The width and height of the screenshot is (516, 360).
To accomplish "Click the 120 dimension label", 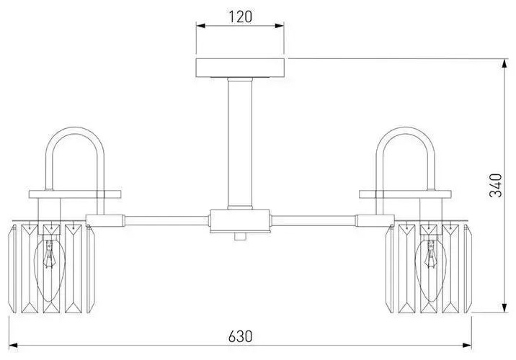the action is pyautogui.click(x=240, y=17).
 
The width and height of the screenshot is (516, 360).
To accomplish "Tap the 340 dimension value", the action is pyautogui.click(x=496, y=186).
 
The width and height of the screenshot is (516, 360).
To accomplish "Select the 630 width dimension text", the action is pyautogui.click(x=240, y=336).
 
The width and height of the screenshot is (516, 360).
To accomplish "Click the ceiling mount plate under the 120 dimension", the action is pyautogui.click(x=240, y=68).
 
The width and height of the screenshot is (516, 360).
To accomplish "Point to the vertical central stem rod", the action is pyautogui.click(x=240, y=144).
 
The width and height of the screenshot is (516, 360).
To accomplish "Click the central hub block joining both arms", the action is pyautogui.click(x=240, y=221).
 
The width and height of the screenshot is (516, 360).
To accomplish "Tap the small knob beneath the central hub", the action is pyautogui.click(x=240, y=236).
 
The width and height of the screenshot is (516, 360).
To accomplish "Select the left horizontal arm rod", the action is pyautogui.click(x=166, y=220).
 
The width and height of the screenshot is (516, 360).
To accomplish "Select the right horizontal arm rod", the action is pyautogui.click(x=314, y=220).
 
